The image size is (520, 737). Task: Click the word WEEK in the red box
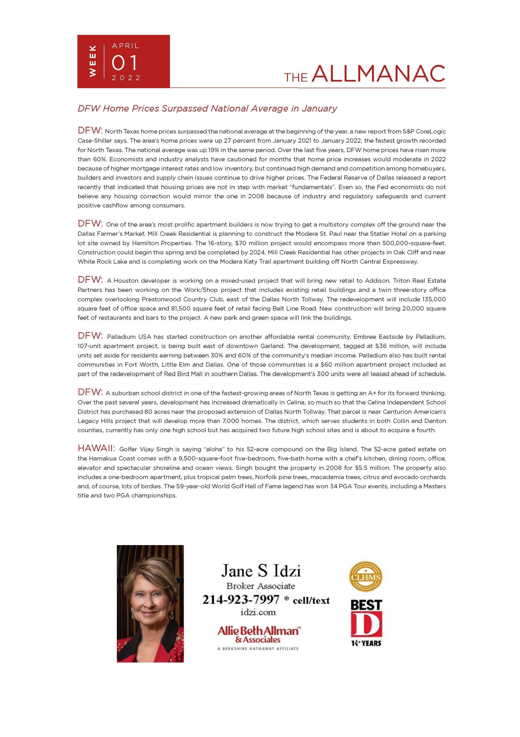point(93,61)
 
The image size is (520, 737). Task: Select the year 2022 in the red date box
point(126,78)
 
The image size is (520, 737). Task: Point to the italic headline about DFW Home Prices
point(207,108)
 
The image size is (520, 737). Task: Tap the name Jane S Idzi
point(261,571)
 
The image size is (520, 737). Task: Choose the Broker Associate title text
point(261,586)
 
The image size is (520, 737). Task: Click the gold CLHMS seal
point(366,577)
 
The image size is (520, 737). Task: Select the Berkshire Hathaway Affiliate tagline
point(258,648)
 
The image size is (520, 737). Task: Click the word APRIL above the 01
point(126,46)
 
